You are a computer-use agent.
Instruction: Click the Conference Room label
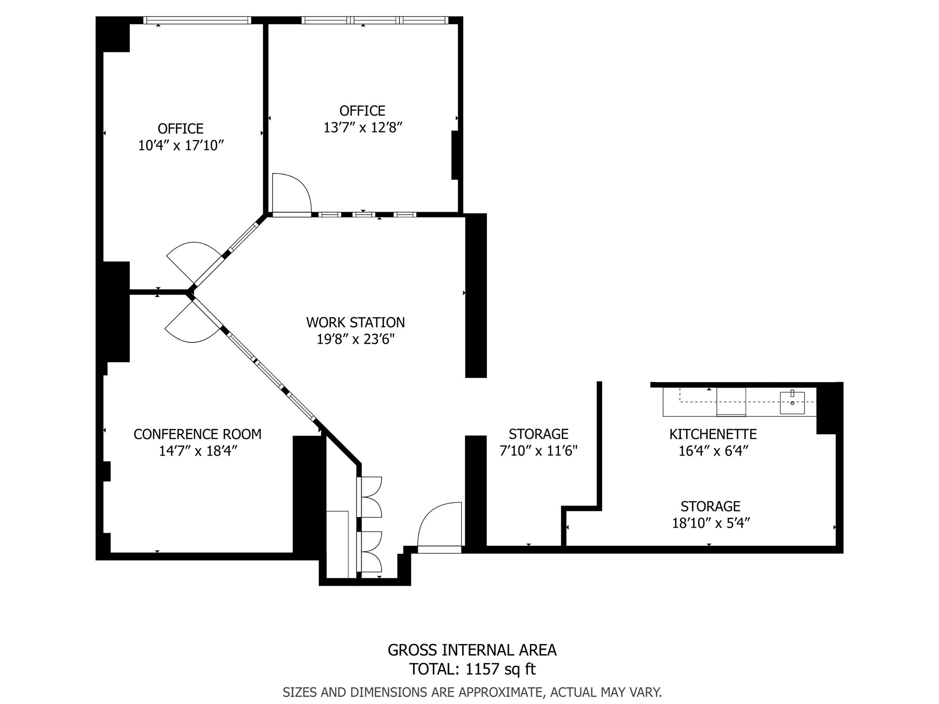point(197,434)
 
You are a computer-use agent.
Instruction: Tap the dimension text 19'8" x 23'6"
point(355,340)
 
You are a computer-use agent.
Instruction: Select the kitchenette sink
point(792,402)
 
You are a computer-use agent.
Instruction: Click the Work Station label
point(355,323)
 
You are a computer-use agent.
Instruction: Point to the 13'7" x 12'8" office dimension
point(362,128)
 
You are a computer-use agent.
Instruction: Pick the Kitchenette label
point(713,434)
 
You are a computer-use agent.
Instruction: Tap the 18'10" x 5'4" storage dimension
point(710,523)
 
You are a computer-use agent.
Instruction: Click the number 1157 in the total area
point(482,670)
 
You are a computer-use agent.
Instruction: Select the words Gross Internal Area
point(472,650)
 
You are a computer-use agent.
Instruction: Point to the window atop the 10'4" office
point(197,20)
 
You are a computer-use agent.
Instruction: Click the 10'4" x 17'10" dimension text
point(181,146)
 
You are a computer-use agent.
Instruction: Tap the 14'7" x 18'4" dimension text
point(197,451)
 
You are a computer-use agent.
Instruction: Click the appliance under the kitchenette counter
point(731,402)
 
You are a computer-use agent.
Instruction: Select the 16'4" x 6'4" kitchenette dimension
point(713,451)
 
